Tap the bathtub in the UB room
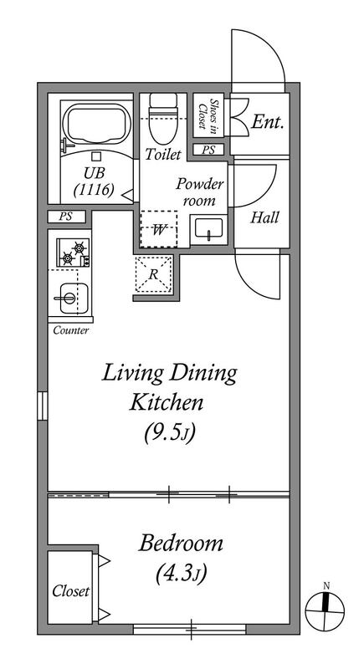click(x=96, y=123)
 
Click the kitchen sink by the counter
click(x=73, y=298)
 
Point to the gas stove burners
click(x=74, y=253)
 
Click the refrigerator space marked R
click(x=154, y=275)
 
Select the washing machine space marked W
click(x=158, y=229)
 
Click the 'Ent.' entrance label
click(x=268, y=122)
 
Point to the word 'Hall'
click(x=264, y=217)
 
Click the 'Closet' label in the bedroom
click(x=71, y=591)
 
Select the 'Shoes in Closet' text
click(x=208, y=114)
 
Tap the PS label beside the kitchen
click(x=66, y=217)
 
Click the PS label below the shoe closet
click(x=208, y=150)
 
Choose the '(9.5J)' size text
click(x=169, y=433)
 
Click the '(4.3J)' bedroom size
click(x=181, y=573)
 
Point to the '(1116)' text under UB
click(x=94, y=190)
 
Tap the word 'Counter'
click(x=71, y=330)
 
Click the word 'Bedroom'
click(x=181, y=544)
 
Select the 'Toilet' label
click(x=163, y=155)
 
